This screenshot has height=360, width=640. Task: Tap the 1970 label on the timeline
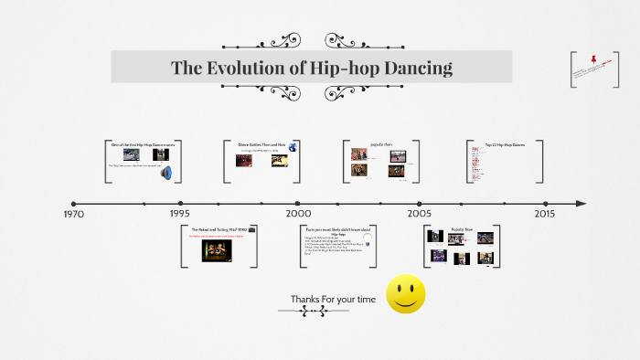coord(74,214)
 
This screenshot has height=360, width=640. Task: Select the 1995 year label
coord(180,214)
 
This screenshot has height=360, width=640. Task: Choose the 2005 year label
coord(420,214)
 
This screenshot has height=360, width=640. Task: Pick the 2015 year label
coord(545,214)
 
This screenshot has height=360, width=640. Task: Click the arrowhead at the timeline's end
coord(581,203)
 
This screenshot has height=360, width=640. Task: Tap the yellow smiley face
coord(406,294)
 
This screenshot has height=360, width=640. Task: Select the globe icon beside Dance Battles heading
coord(293,146)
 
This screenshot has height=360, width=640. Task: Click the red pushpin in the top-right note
coord(593,59)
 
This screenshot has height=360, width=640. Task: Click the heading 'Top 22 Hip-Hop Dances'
coord(505,144)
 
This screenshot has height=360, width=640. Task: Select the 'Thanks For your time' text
coord(333,299)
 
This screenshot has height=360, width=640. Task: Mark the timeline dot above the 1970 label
coord(74,203)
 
